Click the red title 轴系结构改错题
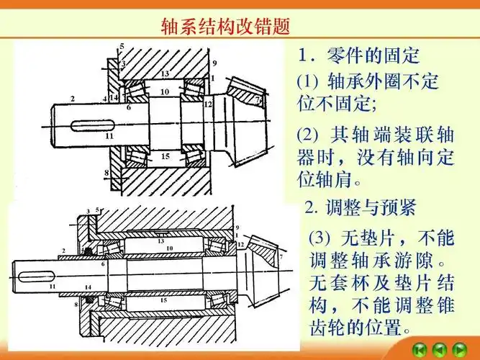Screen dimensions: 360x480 tap(225, 27)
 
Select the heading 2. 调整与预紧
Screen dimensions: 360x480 tap(359, 209)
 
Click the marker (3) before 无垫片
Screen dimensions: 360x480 tap(320, 238)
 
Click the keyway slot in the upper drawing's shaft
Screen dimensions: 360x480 tap(89, 124)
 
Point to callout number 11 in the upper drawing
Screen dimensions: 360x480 tap(109, 135)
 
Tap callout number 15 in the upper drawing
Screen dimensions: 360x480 tap(165, 156)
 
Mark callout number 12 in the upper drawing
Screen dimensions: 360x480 tap(209, 104)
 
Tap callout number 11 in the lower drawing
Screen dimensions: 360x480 tap(52, 287)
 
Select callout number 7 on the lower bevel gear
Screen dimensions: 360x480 tap(281, 256)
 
